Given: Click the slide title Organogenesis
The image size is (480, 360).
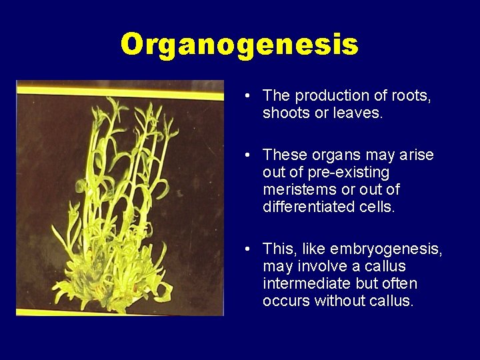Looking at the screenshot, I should click(x=239, y=45).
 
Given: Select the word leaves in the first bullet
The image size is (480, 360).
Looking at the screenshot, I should click(x=360, y=113).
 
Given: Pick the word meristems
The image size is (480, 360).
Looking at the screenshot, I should click(x=295, y=190).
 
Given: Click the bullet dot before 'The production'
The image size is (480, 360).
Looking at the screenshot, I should click(x=247, y=97).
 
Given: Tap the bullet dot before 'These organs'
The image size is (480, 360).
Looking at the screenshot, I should click(x=247, y=156).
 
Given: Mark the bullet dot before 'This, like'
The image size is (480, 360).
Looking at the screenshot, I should click(x=247, y=250).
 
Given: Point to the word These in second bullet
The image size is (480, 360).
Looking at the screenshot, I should click(x=281, y=155).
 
